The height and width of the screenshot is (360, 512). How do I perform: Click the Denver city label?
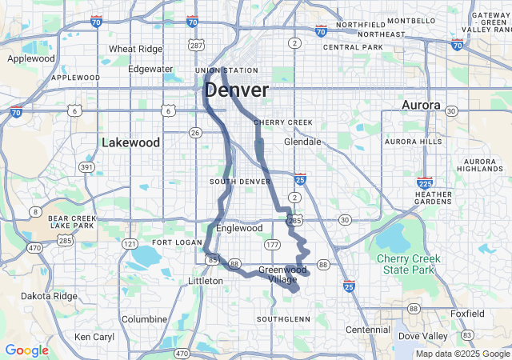pos(236,90)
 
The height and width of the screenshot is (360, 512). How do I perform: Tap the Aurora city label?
pos(421,106)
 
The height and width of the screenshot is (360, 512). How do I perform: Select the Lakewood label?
pos(131,142)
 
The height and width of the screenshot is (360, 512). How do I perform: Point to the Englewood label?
pos(239,228)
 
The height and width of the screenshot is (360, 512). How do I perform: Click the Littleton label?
pos(206,281)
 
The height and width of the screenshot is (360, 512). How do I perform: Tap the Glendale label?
pos(302,142)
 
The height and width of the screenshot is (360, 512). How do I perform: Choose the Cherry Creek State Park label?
pos(410,264)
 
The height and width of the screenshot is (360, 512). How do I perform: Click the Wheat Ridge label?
pos(134,49)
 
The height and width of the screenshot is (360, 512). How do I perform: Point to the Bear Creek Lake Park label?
pos(72,221)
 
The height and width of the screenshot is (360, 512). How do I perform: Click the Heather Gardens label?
pos(434,198)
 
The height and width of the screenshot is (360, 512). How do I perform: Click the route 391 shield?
pos(86,166)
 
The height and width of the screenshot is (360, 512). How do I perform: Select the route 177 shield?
pos(273,244)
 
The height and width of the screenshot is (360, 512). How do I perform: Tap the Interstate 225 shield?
pos(425,183)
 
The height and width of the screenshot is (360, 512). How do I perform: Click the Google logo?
pos(26,350)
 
